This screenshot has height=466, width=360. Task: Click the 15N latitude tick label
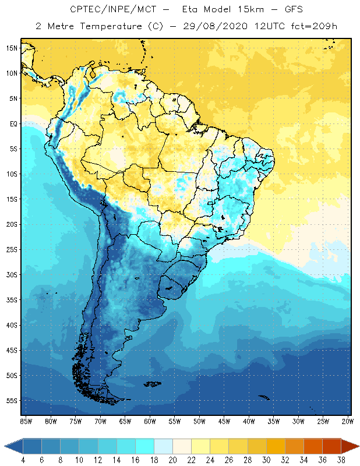click(11, 48)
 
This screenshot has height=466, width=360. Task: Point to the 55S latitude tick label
click(11, 401)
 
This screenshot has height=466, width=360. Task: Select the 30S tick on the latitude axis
click(11, 274)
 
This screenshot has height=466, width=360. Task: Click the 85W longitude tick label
click(26, 421)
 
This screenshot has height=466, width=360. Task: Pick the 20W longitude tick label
click(347, 421)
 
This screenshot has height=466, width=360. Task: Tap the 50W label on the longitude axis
click(199, 421)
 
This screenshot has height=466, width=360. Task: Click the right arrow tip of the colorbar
click(358, 446)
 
